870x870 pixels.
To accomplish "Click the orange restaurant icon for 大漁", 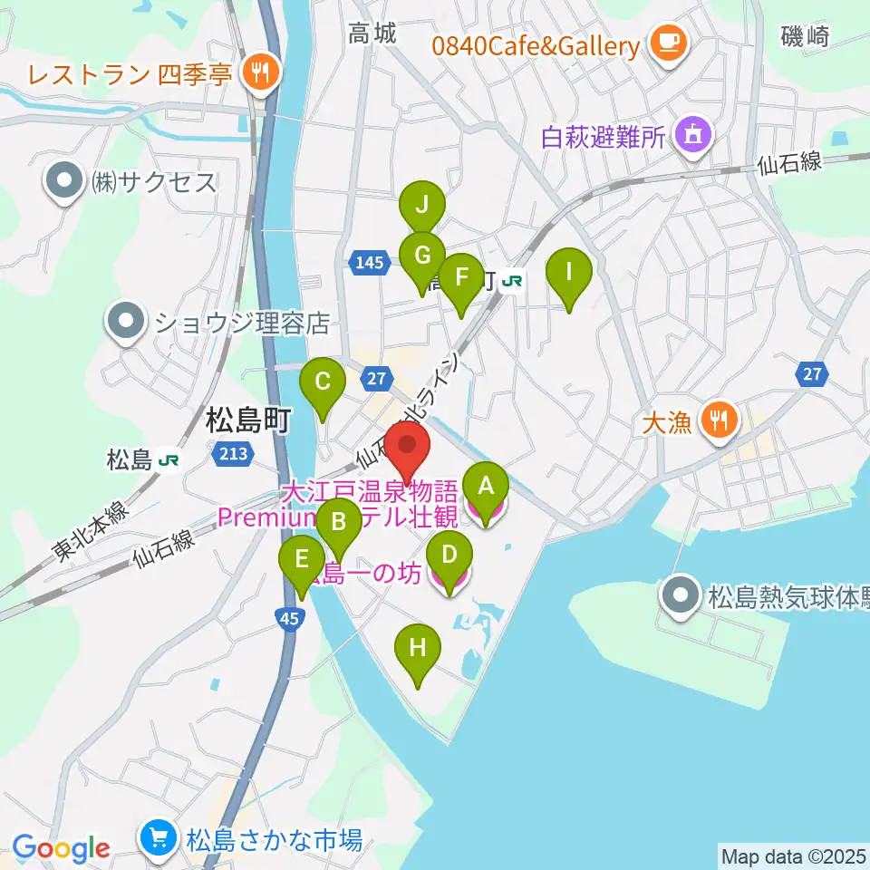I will (x=720, y=420).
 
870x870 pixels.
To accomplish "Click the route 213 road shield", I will (x=232, y=452).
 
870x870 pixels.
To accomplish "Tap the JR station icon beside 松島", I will (x=167, y=460).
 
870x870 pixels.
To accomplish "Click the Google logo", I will (x=61, y=848).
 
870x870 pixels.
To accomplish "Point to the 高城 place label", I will (x=372, y=34).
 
